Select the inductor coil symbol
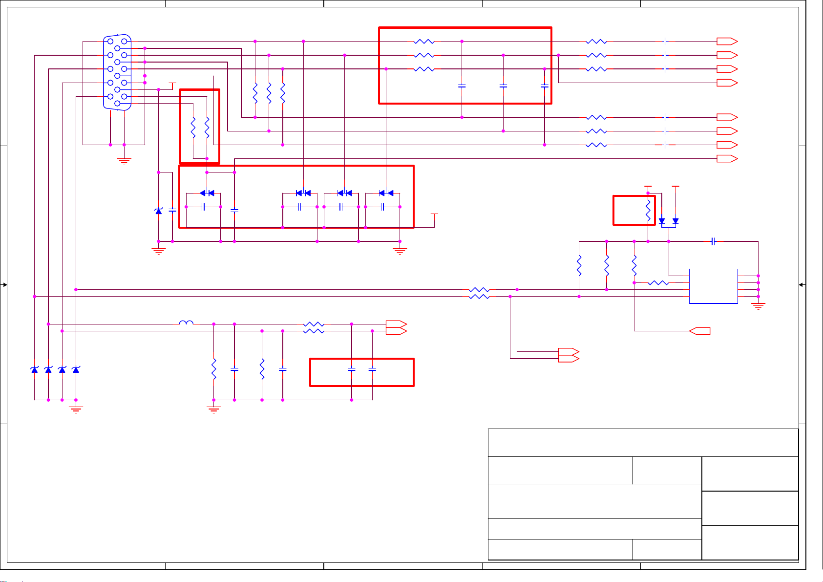[186, 323]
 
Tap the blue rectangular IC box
[713, 286]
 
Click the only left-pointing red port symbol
[700, 331]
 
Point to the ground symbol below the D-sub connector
[124, 161]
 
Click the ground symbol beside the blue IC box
[758, 306]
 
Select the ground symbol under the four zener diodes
[76, 410]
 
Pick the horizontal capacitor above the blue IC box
[713, 241]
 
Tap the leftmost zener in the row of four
[34, 370]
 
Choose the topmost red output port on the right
[727, 42]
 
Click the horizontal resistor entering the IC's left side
[658, 282]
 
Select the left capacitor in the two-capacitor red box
[352, 370]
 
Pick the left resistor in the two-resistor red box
[193, 127]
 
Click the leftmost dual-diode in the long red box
[207, 193]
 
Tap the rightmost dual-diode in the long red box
[386, 193]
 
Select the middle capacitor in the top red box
[503, 86]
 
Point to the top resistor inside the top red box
[424, 42]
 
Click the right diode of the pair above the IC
[675, 221]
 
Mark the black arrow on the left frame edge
[4, 285]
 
